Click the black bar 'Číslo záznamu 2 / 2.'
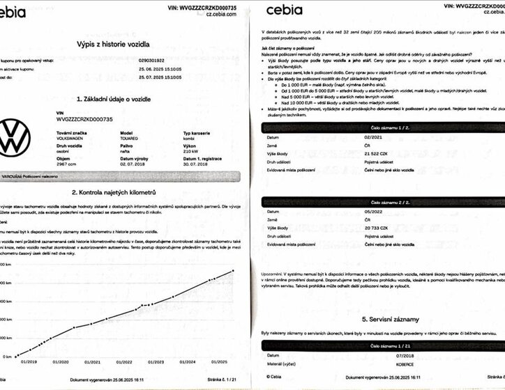[381, 202]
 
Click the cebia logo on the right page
[283, 9]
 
